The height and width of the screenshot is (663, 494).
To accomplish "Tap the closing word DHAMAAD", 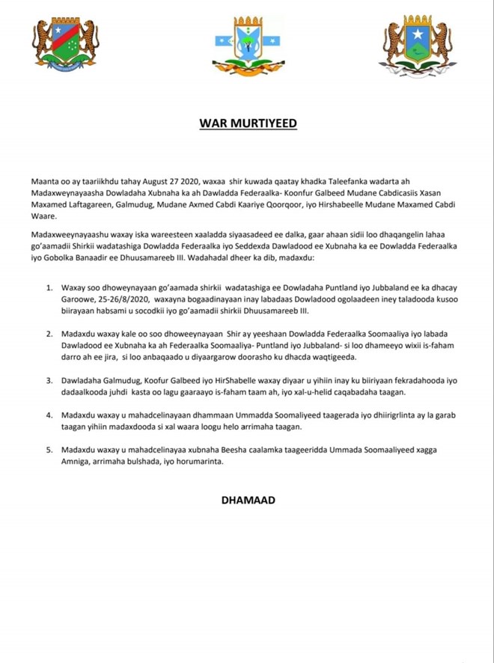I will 246,498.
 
